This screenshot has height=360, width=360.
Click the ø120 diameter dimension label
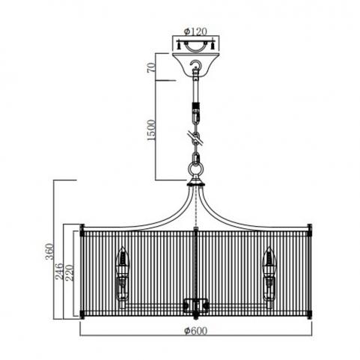tap(195, 31)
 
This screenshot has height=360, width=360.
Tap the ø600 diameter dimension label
tap(195, 331)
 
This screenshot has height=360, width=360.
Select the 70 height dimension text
tap(151, 67)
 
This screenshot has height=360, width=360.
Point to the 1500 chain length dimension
tap(151, 130)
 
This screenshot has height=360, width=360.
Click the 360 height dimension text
tap(49, 251)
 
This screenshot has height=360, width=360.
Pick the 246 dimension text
tap(60, 271)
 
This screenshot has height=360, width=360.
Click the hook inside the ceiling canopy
tap(195, 65)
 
